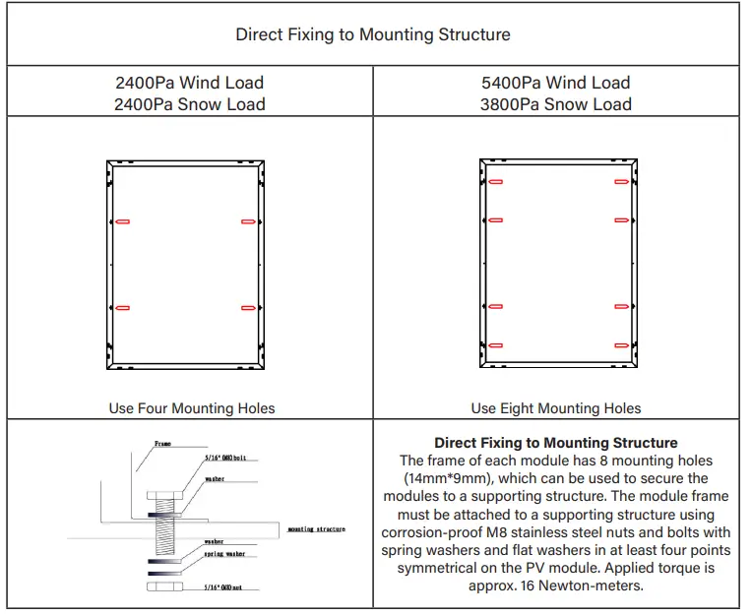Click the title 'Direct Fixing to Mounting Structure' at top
(x=373, y=34)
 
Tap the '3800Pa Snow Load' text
(x=556, y=104)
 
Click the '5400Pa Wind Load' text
(x=556, y=83)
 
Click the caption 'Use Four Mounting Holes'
(x=192, y=407)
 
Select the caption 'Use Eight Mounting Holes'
(x=556, y=407)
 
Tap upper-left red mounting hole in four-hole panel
(x=123, y=222)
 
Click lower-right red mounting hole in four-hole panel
(x=248, y=309)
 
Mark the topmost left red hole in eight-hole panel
(x=495, y=182)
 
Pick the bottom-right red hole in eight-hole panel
(x=621, y=345)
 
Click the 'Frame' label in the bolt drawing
(x=162, y=444)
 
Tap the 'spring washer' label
(x=225, y=554)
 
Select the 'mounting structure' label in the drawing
(x=316, y=529)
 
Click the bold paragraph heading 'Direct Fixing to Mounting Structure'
(x=556, y=443)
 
